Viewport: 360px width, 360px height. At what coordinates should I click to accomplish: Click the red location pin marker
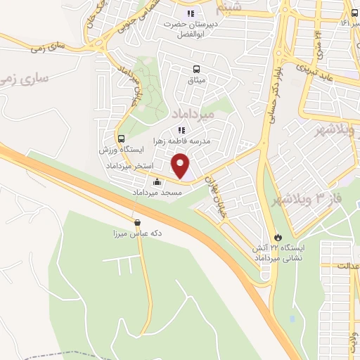point(181,166)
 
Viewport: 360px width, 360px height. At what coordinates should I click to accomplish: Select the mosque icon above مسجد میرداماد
point(156,182)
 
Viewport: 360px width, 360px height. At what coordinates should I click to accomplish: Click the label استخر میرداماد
point(127,165)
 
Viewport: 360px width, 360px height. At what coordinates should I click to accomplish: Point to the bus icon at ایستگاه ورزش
point(122,139)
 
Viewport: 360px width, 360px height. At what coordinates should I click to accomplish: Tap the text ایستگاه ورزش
point(122,150)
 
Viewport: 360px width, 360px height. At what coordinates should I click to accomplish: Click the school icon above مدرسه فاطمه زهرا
point(181,130)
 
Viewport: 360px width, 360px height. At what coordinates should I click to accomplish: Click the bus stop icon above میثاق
point(197,69)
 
